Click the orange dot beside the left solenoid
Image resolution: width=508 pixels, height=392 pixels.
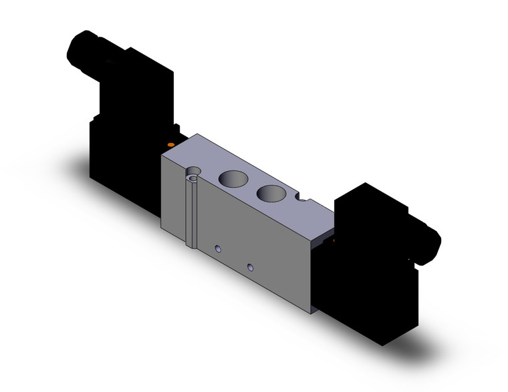[171, 145]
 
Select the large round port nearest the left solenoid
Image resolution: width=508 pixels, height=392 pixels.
[231, 178]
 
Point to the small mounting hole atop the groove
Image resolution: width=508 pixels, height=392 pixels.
[194, 176]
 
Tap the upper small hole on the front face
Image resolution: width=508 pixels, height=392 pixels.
[216, 249]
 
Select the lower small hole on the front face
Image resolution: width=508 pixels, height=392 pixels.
[250, 267]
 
